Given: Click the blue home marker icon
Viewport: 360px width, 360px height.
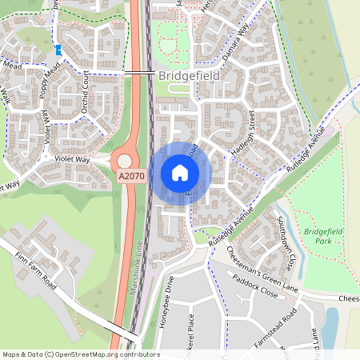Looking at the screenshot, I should [180, 173].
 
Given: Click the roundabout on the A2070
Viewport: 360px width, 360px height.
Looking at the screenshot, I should [125, 162].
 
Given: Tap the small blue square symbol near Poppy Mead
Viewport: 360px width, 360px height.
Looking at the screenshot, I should [58, 50].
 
